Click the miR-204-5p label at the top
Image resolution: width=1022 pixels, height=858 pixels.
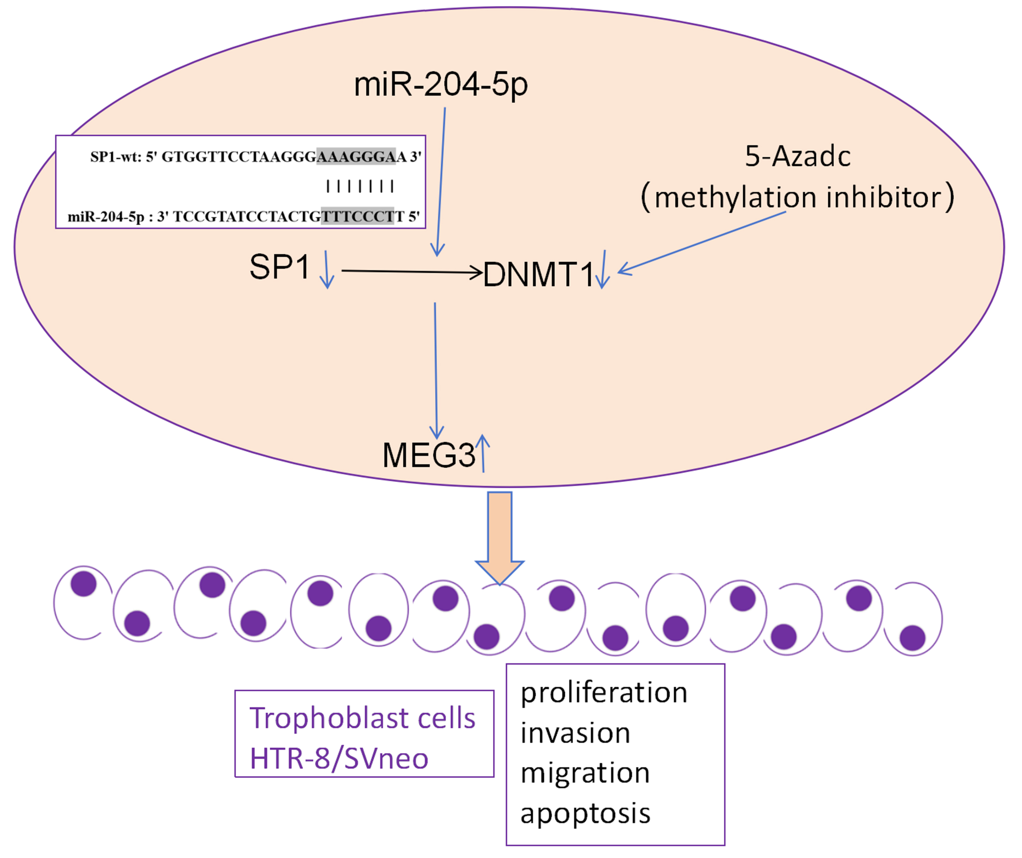(x=441, y=84)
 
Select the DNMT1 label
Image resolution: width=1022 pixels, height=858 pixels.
(x=538, y=274)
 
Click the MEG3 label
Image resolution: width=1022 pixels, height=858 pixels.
(x=428, y=455)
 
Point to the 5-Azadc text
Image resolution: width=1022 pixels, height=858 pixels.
(x=798, y=157)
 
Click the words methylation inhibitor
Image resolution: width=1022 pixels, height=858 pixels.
(x=798, y=197)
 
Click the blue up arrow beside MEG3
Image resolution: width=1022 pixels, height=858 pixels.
(x=482, y=453)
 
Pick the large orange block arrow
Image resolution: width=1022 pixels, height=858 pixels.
(x=499, y=536)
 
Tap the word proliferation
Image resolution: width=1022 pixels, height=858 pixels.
(x=603, y=693)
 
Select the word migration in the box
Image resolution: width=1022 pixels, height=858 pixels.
(x=585, y=773)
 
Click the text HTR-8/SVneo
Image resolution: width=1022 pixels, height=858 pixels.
(x=339, y=758)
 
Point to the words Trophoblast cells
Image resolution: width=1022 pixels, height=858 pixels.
(x=362, y=718)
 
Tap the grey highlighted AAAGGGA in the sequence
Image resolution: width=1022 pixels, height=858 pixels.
(x=356, y=156)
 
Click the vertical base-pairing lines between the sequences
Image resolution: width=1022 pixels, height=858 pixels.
(x=360, y=186)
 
